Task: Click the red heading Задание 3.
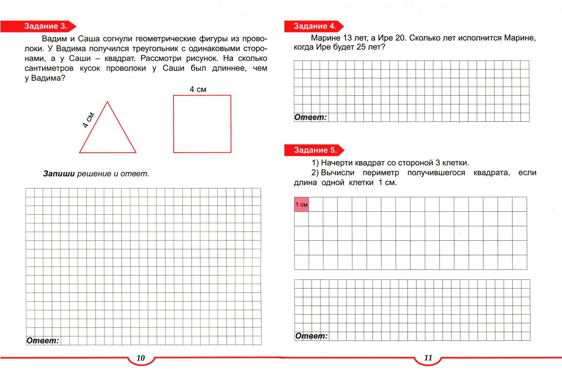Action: click(x=45, y=26)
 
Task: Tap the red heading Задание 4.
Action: click(x=315, y=26)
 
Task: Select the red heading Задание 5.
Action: click(x=315, y=150)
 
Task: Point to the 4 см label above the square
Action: click(x=198, y=89)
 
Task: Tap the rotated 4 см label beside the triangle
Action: click(x=88, y=120)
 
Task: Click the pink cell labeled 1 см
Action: click(x=301, y=204)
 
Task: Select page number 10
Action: click(x=141, y=358)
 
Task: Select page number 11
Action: click(x=428, y=358)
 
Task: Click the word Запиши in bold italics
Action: click(x=59, y=174)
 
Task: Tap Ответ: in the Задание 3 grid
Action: click(x=43, y=341)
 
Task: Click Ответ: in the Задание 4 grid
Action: click(x=311, y=117)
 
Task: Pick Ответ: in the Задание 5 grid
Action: click(x=311, y=336)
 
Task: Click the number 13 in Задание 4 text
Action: click(x=347, y=38)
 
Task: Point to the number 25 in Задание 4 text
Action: click(x=361, y=47)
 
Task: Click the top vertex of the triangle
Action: click(x=107, y=102)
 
